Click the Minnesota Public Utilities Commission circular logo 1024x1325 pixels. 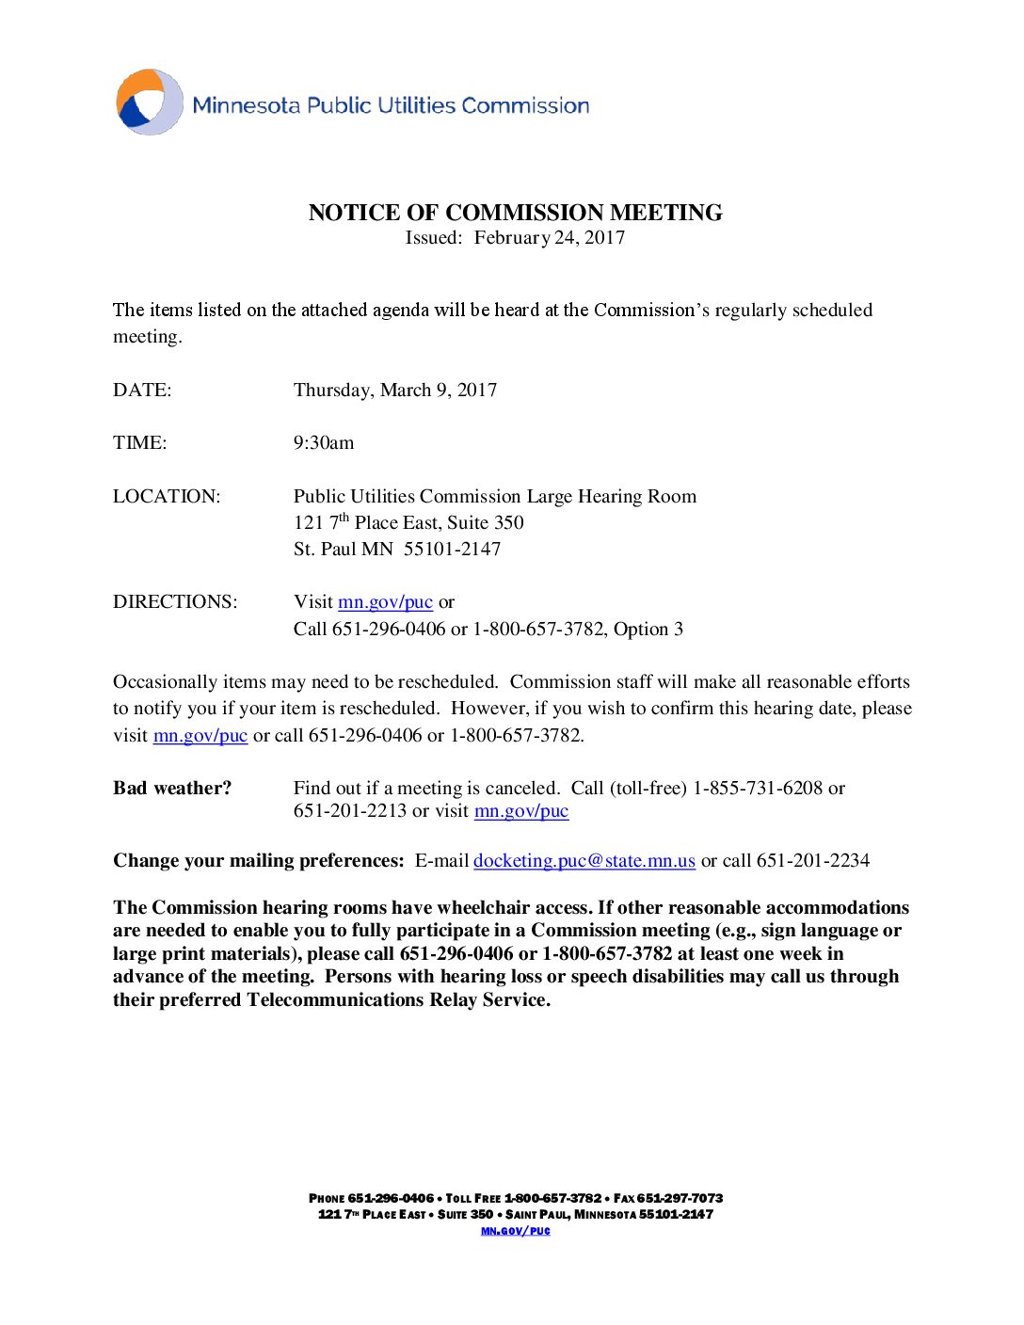coord(150,102)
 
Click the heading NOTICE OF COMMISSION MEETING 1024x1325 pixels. coord(515,213)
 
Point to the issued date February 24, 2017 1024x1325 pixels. coord(550,238)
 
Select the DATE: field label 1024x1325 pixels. coord(142,391)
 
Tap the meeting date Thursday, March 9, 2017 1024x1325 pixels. coord(395,391)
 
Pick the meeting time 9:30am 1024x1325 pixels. coord(324,443)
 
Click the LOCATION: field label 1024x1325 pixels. coord(167,497)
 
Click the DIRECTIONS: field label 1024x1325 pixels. coord(175,602)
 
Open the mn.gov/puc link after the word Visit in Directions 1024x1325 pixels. coord(385,602)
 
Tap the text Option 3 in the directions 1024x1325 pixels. coord(648,630)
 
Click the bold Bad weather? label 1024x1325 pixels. coord(172,789)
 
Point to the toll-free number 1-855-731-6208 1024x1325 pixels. coord(758,789)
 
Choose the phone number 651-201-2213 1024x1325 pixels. coord(350,811)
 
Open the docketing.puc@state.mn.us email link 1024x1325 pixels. coord(584,861)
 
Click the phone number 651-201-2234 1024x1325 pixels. coord(813,861)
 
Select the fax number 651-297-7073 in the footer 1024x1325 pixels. coord(680,1198)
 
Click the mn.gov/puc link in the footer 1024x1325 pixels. coord(516,1231)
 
